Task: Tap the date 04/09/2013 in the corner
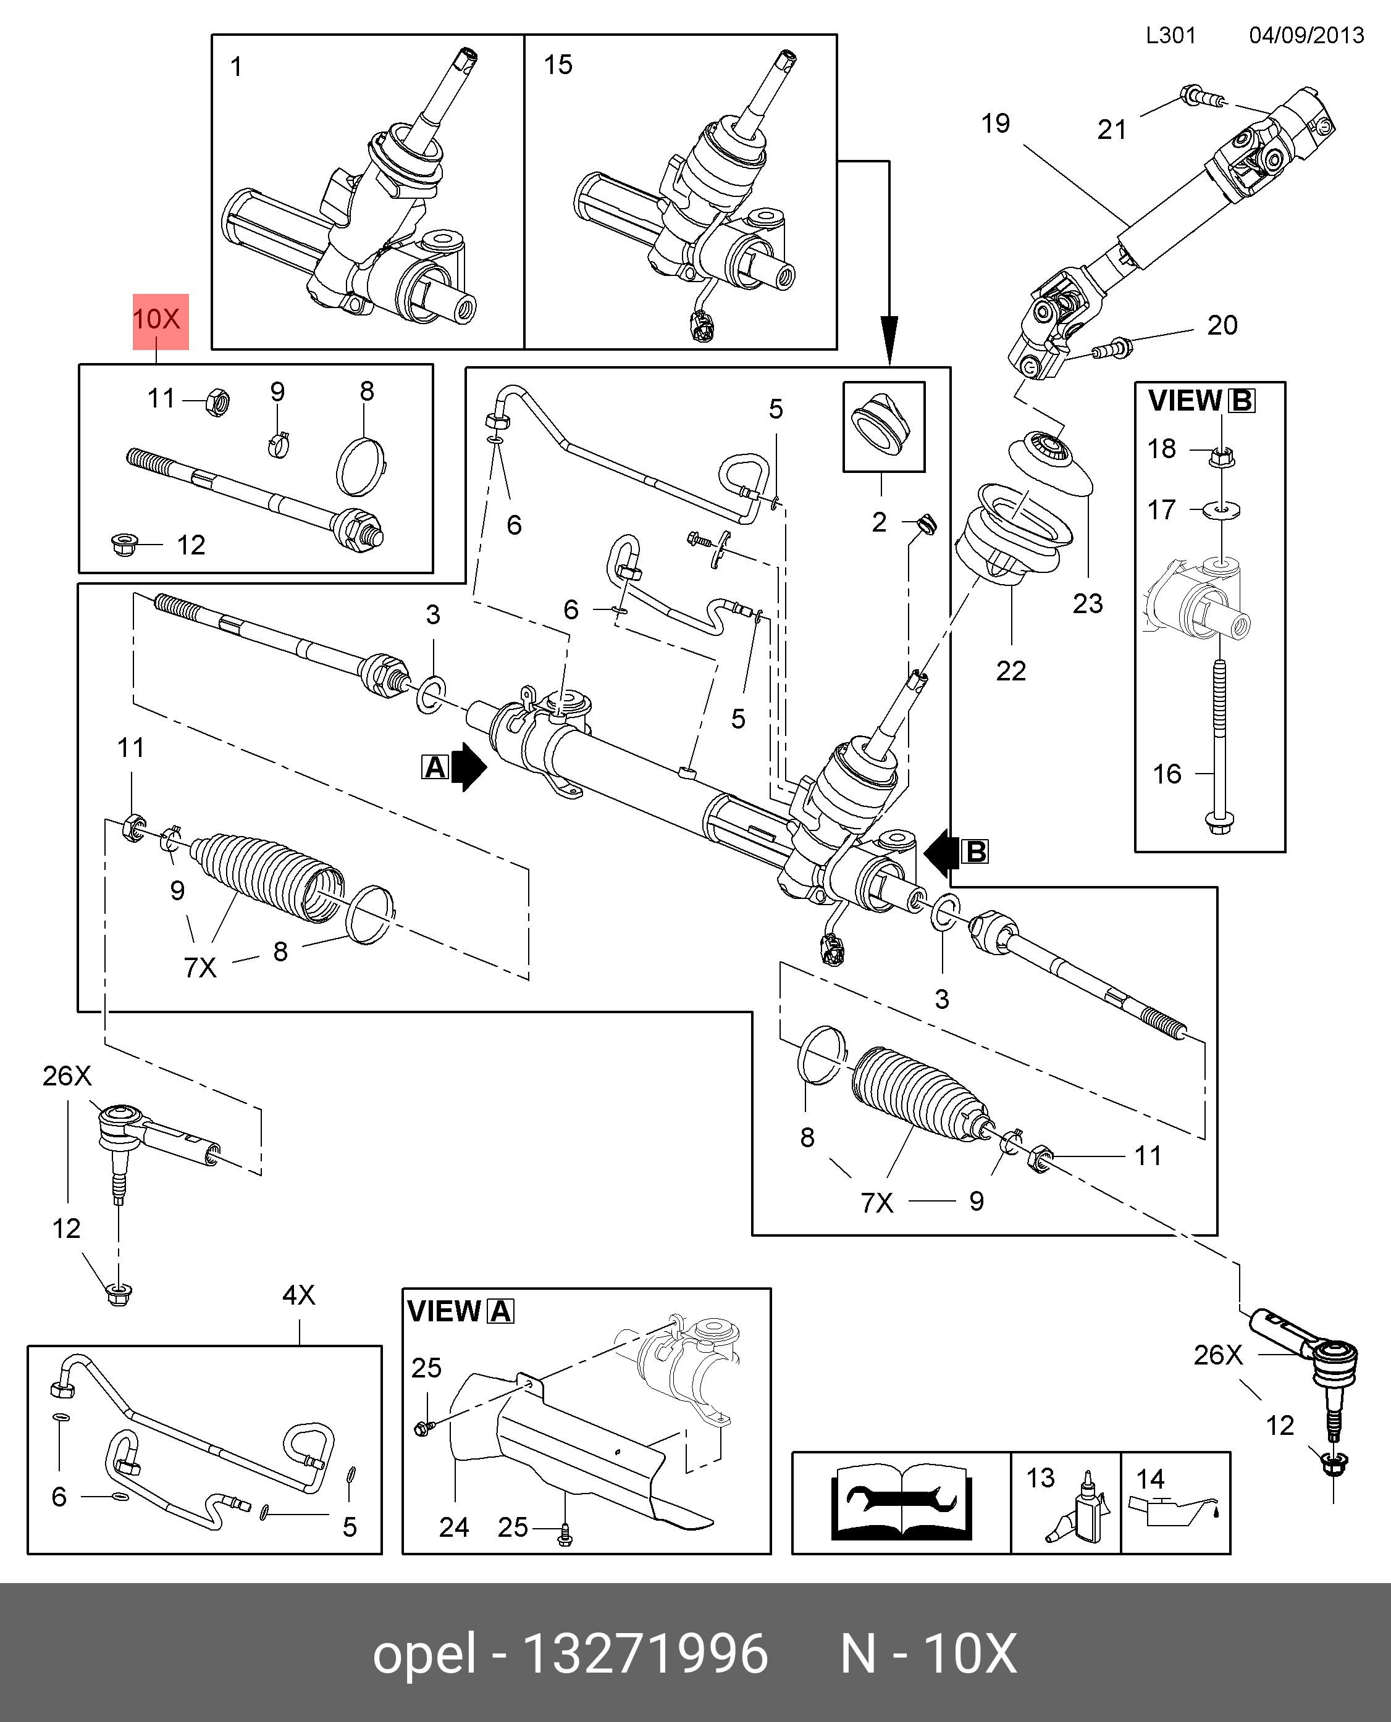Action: point(1306,36)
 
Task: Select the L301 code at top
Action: point(1170,36)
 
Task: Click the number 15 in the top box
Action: point(558,65)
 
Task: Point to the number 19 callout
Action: point(996,124)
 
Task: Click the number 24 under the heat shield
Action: point(453,1528)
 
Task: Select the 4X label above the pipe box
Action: point(299,1295)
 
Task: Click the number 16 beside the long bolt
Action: point(1167,774)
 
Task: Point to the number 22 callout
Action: point(1011,671)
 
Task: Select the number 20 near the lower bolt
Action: point(1222,326)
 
